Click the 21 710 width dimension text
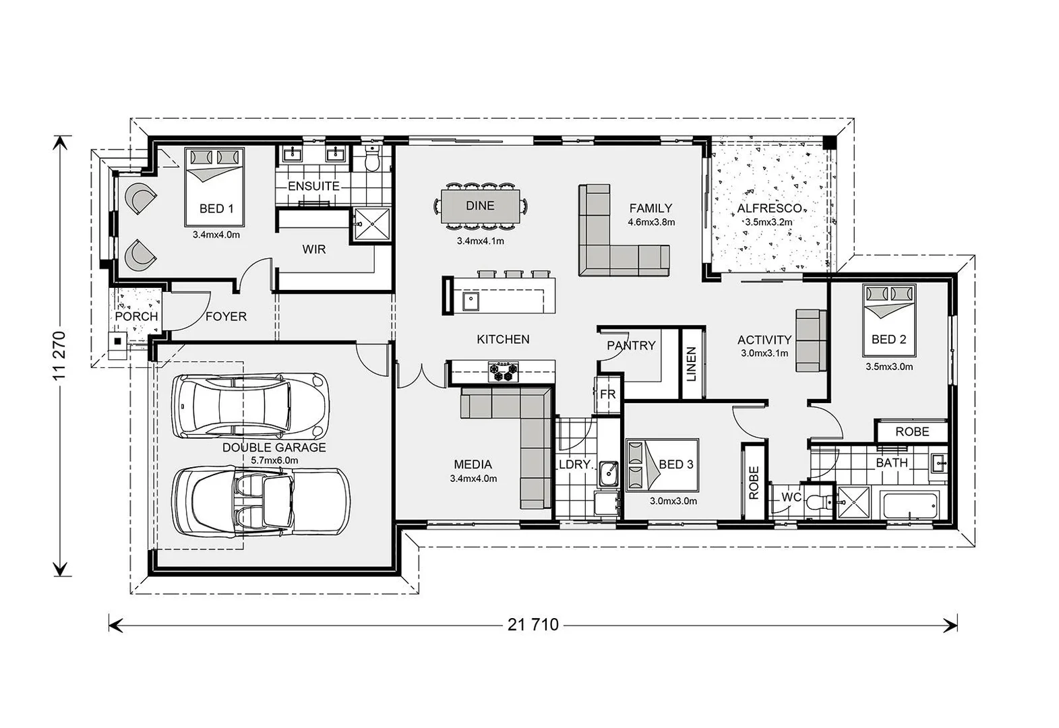point(533,625)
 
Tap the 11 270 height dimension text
point(61,356)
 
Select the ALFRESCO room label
point(768,208)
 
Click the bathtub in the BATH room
point(909,504)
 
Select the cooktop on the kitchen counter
point(504,369)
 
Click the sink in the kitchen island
point(471,301)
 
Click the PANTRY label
point(631,345)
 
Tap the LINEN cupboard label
point(691,364)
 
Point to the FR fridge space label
point(607,394)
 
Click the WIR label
point(313,249)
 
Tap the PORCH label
point(136,316)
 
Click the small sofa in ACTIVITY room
point(811,340)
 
